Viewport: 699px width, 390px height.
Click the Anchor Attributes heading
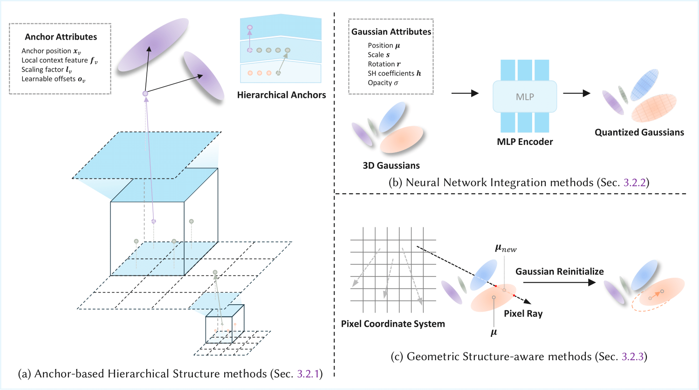[61, 37]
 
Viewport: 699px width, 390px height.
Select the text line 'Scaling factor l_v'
[47, 70]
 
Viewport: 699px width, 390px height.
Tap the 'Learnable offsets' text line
[53, 79]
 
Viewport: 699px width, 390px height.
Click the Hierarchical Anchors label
[281, 95]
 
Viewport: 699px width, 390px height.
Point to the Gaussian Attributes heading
[391, 32]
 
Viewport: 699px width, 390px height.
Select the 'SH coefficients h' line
[394, 74]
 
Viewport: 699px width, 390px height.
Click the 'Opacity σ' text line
[383, 83]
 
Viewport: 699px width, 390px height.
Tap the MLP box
[525, 96]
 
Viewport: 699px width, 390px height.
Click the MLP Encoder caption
[525, 142]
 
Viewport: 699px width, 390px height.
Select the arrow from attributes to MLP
[465, 93]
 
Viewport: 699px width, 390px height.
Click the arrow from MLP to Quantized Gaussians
[576, 93]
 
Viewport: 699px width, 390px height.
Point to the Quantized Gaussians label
[639, 132]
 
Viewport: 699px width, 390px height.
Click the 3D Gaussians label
[391, 165]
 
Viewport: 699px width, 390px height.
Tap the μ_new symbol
[506, 248]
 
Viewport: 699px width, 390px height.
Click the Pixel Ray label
[523, 314]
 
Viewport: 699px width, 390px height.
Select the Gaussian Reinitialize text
[559, 271]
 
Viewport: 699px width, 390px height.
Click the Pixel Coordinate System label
[393, 324]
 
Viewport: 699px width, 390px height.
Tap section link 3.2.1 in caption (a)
[308, 374]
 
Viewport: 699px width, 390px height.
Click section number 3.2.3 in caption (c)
[632, 356]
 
